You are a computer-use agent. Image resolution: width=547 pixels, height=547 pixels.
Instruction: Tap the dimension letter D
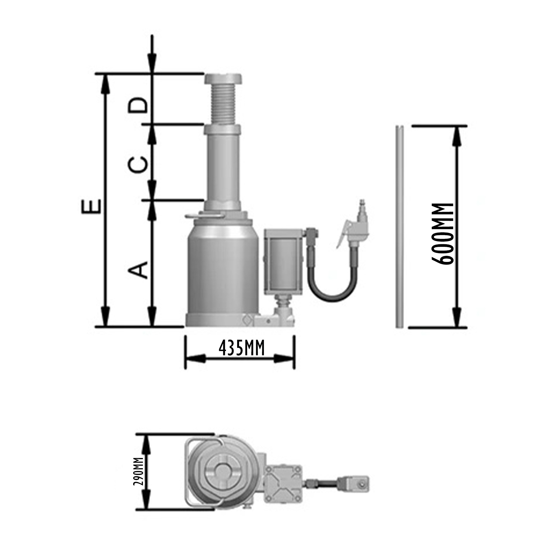point(138,105)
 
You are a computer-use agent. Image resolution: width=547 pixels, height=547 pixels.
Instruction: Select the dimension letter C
point(138,165)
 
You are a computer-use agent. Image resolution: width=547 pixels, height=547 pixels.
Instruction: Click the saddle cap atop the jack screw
point(223,79)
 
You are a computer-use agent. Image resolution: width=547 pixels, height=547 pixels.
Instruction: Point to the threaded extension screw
point(223,104)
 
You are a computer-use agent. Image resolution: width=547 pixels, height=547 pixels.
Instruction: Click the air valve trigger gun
point(354,225)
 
